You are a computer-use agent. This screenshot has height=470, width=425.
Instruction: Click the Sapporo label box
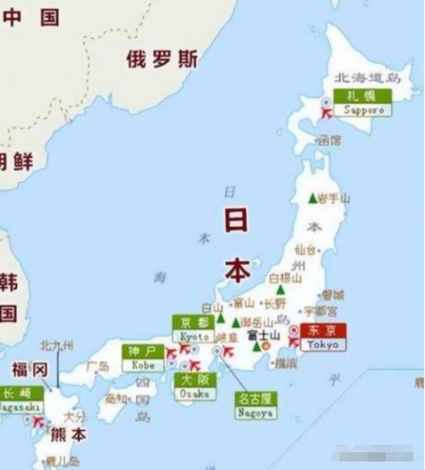pos(363,102)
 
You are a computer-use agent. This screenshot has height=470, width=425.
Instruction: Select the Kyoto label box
pos(195,329)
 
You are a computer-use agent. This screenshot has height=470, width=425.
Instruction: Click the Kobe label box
pos(143,358)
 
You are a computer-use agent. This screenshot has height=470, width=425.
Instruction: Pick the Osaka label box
pos(193,385)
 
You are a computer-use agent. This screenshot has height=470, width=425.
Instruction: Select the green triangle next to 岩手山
pos(313,198)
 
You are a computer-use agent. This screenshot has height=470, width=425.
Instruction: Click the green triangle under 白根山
pos(280,290)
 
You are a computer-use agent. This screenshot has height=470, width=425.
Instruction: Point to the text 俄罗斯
pos(162,59)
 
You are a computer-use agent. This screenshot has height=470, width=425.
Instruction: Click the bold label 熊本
pos(69,432)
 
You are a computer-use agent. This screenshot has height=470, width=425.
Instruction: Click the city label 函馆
pos(329,141)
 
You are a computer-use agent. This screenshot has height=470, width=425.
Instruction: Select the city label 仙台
pos(306,250)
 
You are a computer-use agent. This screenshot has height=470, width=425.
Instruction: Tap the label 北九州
pos(58,345)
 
